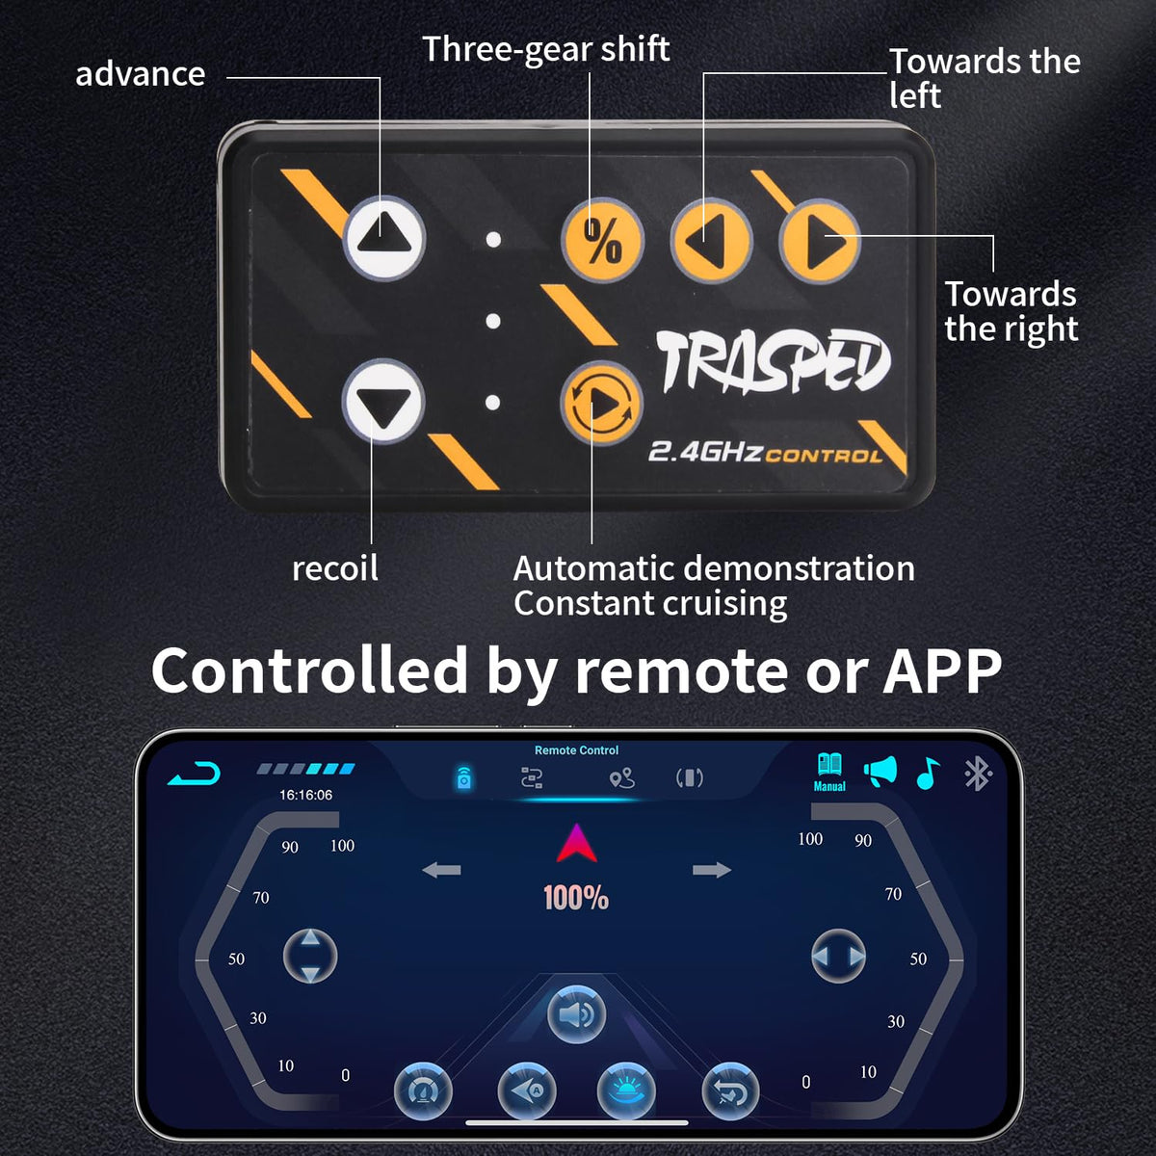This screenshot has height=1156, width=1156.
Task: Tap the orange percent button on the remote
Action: pyautogui.click(x=602, y=241)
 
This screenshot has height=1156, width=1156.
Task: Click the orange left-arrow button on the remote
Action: pyautogui.click(x=712, y=241)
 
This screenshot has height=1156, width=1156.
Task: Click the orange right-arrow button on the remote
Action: pyautogui.click(x=820, y=241)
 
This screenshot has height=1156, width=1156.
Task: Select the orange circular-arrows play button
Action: pyautogui.click(x=602, y=403)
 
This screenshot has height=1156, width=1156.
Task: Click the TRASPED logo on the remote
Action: pyautogui.click(x=774, y=362)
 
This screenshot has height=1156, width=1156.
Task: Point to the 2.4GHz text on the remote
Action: pyautogui.click(x=706, y=452)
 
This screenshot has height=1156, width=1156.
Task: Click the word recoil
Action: pyautogui.click(x=334, y=568)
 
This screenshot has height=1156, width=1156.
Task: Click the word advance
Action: pyautogui.click(x=141, y=74)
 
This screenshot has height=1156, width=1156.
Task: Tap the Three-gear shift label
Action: pyautogui.click(x=546, y=49)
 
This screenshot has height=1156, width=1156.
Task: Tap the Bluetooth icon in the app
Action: pyautogui.click(x=977, y=774)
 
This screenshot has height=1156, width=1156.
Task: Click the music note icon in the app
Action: pyautogui.click(x=928, y=773)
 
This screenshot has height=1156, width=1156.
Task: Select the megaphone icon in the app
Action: pyautogui.click(x=880, y=772)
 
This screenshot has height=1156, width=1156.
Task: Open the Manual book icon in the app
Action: pyautogui.click(x=829, y=772)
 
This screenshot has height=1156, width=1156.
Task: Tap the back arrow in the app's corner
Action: pyautogui.click(x=195, y=774)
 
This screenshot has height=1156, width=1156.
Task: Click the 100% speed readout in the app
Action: pyautogui.click(x=576, y=898)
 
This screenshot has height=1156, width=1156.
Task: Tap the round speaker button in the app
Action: pyautogui.click(x=576, y=1014)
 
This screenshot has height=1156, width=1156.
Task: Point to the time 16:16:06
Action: pyautogui.click(x=306, y=795)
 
